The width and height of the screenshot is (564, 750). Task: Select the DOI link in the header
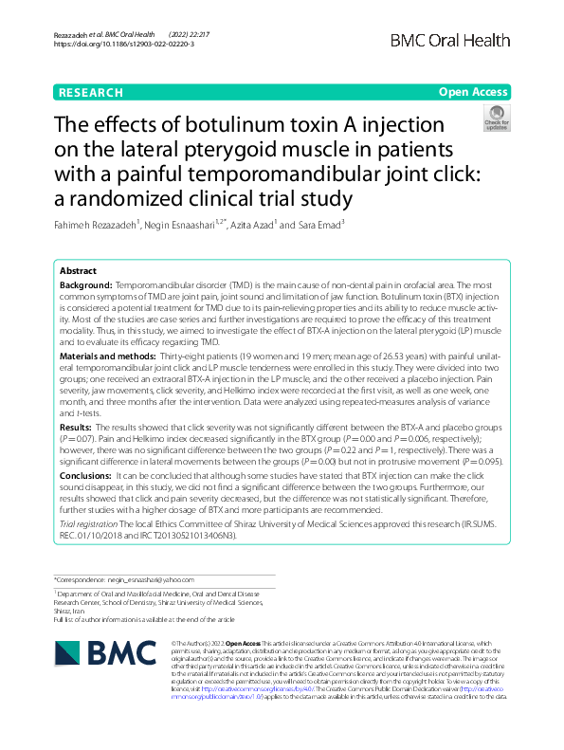point(124,45)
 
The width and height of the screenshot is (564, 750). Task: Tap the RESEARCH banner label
point(91,93)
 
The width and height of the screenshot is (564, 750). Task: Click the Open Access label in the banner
point(474,93)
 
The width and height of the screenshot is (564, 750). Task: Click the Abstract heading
point(79,271)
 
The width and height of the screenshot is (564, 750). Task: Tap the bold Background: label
point(86,284)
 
